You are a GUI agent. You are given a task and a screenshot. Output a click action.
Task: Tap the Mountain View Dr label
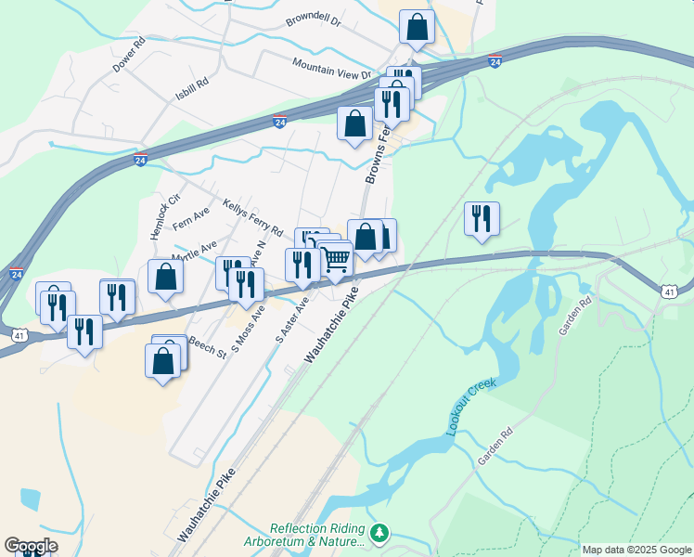[331, 67]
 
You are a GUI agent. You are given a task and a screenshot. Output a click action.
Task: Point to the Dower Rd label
[129, 56]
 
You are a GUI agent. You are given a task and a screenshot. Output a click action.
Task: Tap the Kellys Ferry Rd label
[252, 216]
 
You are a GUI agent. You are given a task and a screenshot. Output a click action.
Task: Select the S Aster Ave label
[291, 321]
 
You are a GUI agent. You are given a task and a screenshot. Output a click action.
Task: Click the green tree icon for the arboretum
[378, 533]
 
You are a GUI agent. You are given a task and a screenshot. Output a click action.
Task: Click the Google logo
[31, 546]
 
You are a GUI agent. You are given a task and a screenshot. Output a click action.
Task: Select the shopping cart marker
[336, 260]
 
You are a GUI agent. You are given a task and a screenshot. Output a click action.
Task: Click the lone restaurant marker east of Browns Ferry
[482, 218]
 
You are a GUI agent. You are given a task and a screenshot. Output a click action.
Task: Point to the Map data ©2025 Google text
[636, 550]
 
